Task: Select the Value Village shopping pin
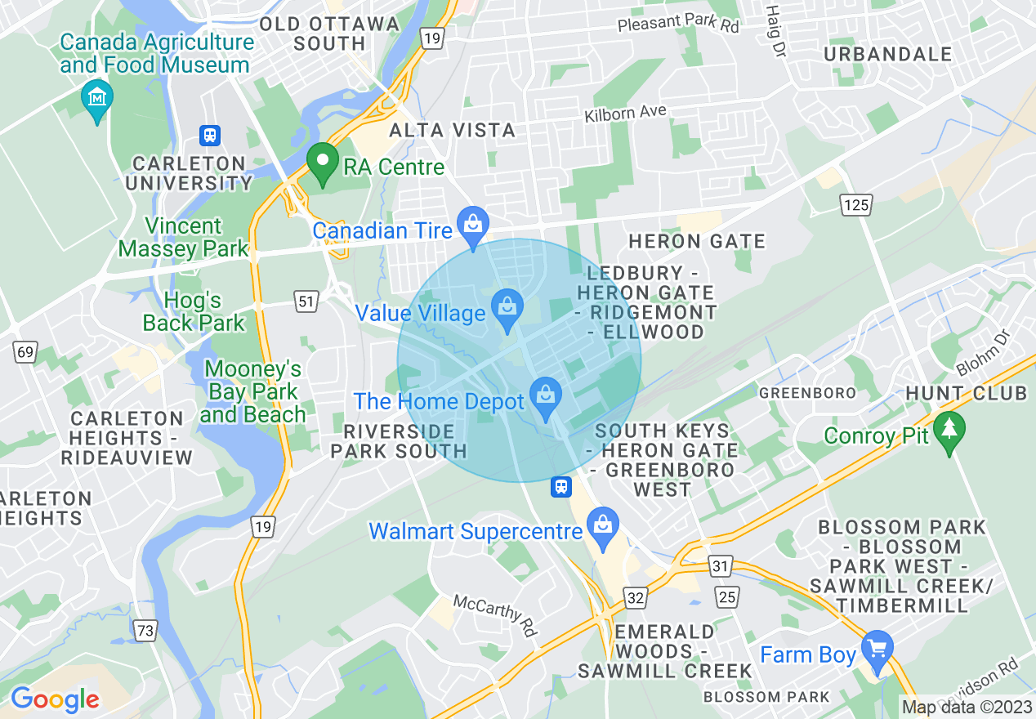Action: [x=507, y=309]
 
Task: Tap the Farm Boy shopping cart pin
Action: [x=877, y=650]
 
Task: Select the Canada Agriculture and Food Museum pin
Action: [x=97, y=100]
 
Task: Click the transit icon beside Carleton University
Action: [x=211, y=136]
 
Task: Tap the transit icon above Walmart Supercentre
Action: [x=560, y=487]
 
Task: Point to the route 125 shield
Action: [x=857, y=204]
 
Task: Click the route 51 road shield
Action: [x=306, y=302]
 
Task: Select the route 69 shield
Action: [x=25, y=353]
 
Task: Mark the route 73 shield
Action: [x=145, y=630]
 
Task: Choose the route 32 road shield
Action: [x=636, y=597]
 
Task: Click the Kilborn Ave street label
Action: [x=625, y=114]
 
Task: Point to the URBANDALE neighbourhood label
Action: [x=888, y=55]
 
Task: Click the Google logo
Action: [x=55, y=699]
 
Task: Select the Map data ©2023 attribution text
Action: [x=966, y=707]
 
